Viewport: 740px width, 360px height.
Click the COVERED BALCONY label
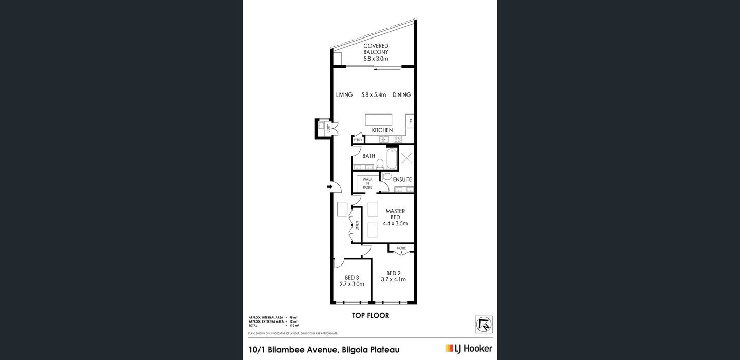(376, 52)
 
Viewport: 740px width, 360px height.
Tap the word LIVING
(344, 95)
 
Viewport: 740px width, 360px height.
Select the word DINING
(401, 95)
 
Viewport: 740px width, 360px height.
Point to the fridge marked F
(410, 122)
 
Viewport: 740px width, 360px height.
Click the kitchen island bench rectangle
(378, 120)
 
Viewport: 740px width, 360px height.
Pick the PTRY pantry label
(358, 140)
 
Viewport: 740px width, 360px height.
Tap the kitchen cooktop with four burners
(398, 139)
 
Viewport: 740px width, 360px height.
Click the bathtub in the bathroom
(392, 158)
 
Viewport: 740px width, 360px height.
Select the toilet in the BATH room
(380, 163)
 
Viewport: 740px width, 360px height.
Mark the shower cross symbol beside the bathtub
(406, 158)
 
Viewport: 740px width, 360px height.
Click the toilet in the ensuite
(387, 176)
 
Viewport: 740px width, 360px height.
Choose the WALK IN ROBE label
(367, 183)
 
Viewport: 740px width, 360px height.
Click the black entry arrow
(329, 188)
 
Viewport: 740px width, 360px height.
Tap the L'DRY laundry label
(328, 129)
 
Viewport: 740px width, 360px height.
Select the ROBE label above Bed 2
(401, 248)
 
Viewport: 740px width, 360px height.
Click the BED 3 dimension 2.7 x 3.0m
(351, 284)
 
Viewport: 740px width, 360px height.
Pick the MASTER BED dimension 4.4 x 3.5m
(395, 223)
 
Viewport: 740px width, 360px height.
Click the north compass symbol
(484, 325)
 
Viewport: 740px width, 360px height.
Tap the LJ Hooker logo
(468, 348)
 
